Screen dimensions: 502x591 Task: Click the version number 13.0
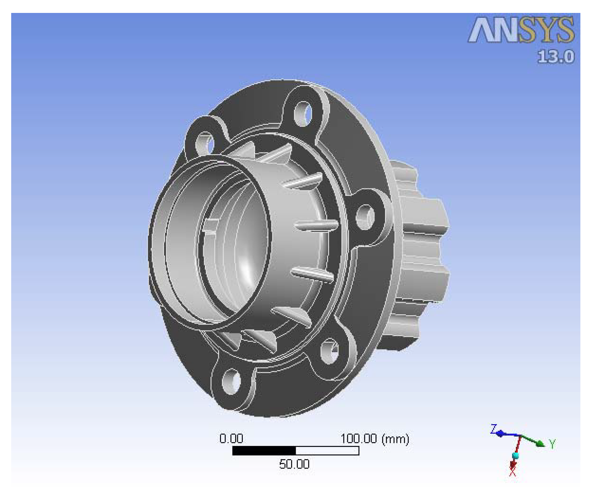coord(556,57)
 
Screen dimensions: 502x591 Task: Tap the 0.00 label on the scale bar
coord(231,439)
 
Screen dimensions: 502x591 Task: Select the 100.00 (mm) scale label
coord(374,439)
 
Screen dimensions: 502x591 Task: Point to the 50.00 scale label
coord(294,464)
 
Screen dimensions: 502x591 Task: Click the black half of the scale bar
coord(264,451)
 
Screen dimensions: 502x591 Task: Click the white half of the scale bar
coord(327,451)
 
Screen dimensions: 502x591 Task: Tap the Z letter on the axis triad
coord(493,429)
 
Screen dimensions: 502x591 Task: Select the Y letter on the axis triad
coord(552,444)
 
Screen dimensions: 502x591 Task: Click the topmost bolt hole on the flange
coord(303,114)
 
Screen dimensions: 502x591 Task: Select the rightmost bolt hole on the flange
coord(365,217)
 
